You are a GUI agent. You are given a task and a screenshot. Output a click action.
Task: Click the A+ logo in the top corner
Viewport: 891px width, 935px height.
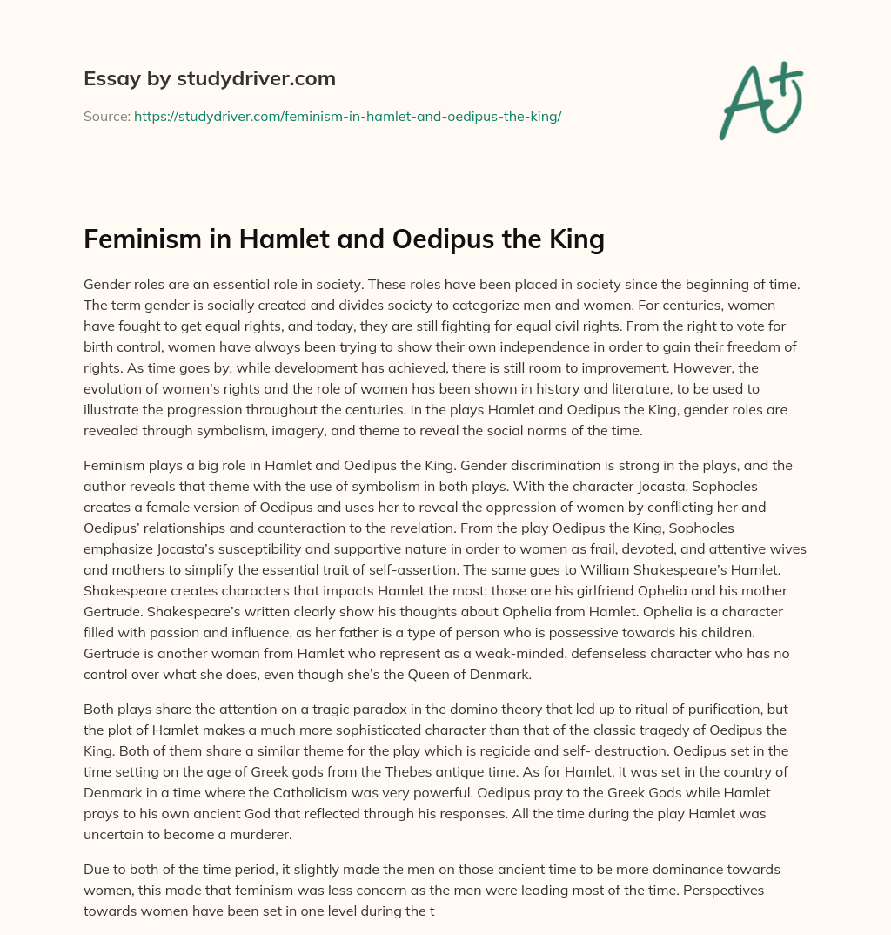[x=760, y=99]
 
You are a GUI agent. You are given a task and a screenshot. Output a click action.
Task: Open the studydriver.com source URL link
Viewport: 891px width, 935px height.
[x=347, y=116]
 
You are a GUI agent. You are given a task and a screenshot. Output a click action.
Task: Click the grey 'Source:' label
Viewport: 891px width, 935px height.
[x=106, y=116]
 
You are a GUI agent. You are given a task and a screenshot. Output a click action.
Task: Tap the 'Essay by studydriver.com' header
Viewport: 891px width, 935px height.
[x=209, y=79]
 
